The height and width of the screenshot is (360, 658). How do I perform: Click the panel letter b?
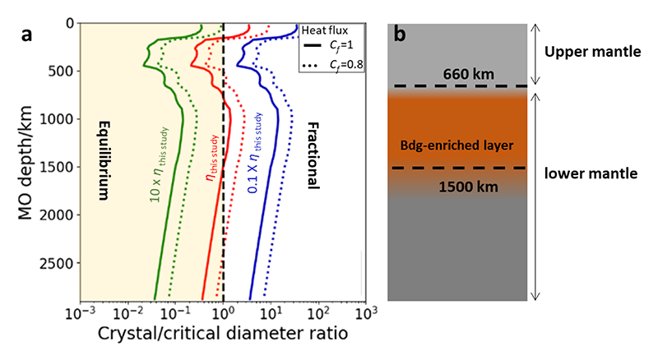(x=401, y=35)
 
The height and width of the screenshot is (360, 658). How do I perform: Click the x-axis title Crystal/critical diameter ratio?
(x=221, y=335)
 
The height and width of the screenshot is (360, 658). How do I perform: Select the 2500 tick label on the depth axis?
(x=58, y=263)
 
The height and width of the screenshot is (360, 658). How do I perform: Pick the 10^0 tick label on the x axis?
(x=223, y=315)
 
